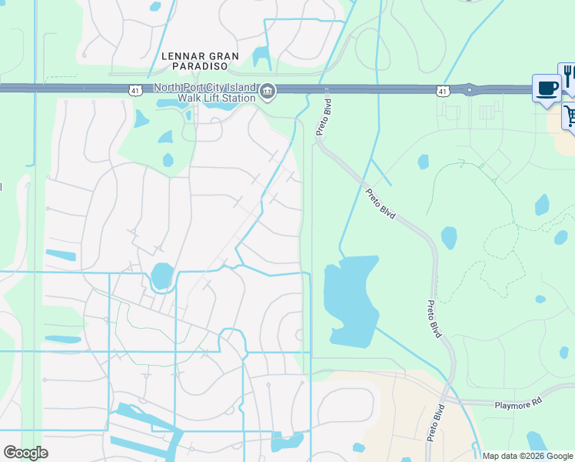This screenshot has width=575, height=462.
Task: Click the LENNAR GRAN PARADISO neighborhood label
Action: coord(201,62)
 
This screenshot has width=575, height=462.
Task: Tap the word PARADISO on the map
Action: coord(201,67)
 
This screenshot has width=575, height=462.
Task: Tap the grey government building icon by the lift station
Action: coord(268,92)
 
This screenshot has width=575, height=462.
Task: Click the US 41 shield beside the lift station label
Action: coord(135,91)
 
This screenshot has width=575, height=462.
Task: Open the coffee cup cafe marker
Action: coord(547,88)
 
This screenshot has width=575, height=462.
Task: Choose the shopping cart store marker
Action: coord(570,116)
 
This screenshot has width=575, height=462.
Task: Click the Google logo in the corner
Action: coord(25,453)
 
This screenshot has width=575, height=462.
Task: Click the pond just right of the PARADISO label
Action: coord(261,56)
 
